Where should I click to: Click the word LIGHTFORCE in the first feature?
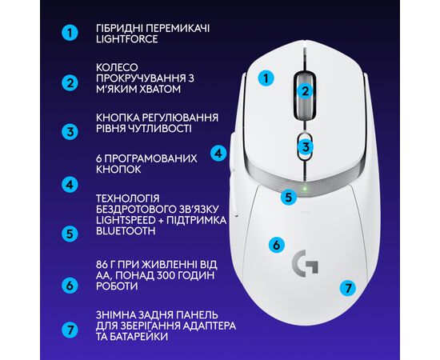(x=127, y=39)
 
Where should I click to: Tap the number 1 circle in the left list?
(x=70, y=33)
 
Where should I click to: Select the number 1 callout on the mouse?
(x=266, y=78)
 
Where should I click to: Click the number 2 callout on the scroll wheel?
(x=305, y=91)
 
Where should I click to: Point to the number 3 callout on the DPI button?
(x=306, y=146)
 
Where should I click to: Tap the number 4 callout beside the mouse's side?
(x=218, y=154)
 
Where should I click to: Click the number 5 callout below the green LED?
(x=289, y=197)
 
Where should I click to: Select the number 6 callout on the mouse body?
(x=277, y=245)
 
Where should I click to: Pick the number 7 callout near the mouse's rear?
(x=348, y=288)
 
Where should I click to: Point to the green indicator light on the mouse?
(x=305, y=188)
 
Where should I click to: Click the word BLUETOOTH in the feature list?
(x=126, y=231)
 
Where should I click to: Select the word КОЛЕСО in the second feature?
(x=118, y=67)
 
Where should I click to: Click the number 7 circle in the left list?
(x=70, y=330)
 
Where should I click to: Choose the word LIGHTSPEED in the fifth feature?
(x=126, y=220)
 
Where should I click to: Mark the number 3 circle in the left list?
(x=70, y=132)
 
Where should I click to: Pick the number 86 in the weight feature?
(x=102, y=265)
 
